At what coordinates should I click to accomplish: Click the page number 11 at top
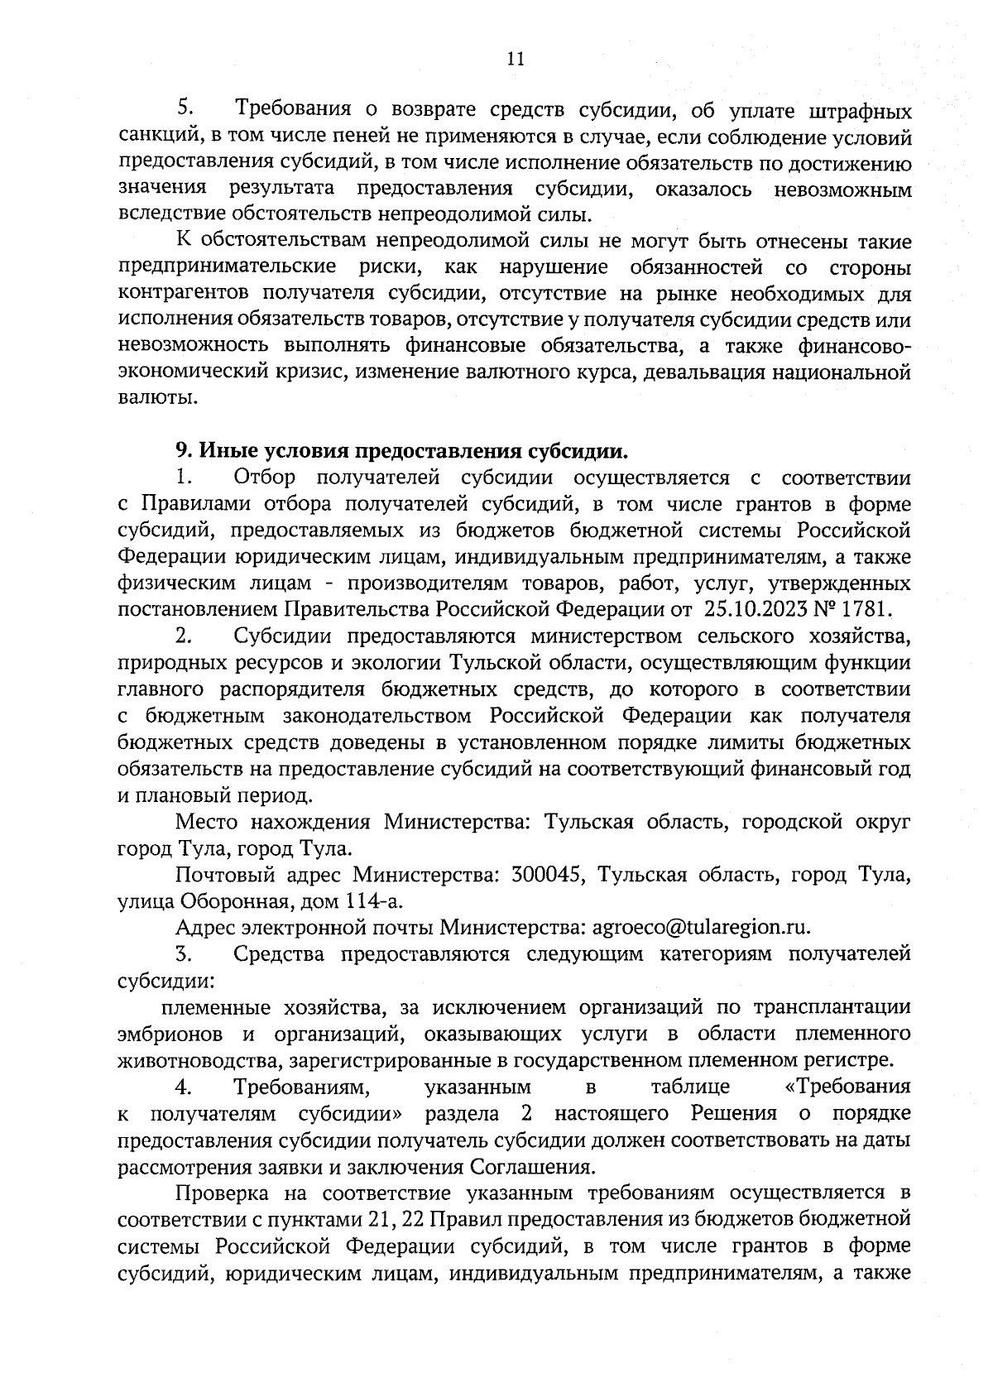514,59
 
